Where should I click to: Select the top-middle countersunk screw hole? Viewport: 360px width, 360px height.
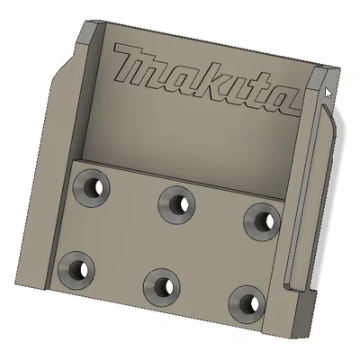tap(175, 202)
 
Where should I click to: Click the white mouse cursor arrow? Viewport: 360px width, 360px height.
tap(328, 93)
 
